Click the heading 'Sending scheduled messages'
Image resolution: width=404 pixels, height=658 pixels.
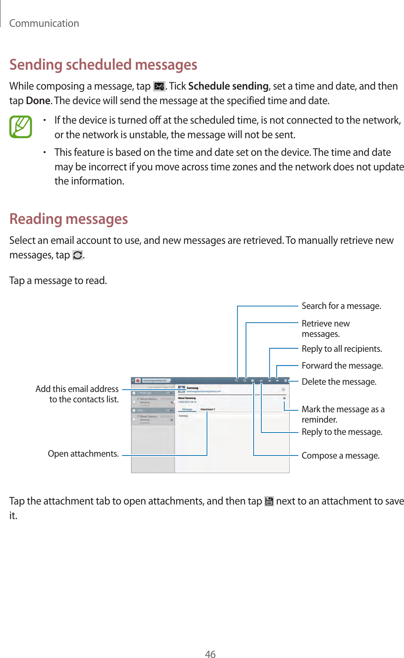(103, 65)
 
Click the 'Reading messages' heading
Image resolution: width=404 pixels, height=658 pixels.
(68, 219)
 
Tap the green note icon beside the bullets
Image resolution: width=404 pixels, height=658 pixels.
(21, 127)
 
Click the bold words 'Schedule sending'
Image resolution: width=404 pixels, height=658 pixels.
(228, 86)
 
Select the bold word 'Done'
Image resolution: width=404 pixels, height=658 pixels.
(38, 101)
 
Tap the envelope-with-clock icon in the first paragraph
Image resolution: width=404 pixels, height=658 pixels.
(159, 87)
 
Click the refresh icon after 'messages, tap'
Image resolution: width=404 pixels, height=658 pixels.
(77, 255)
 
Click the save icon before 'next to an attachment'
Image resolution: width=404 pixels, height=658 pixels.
(269, 501)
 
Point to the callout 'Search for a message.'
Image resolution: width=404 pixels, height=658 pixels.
(341, 306)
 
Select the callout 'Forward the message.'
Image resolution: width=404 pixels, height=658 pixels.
(342, 366)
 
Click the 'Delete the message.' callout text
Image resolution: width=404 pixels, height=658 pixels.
(339, 382)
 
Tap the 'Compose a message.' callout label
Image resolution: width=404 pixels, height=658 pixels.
(340, 456)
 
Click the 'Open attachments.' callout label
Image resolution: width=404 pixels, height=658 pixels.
(83, 454)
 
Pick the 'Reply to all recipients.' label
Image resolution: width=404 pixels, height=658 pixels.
(342, 349)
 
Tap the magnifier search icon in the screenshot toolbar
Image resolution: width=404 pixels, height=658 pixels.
(237, 381)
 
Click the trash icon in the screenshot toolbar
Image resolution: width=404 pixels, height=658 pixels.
(285, 381)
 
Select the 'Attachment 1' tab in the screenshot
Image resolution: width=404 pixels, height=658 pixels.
(208, 409)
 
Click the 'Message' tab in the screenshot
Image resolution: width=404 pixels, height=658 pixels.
(187, 409)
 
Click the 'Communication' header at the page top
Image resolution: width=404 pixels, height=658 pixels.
(44, 23)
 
